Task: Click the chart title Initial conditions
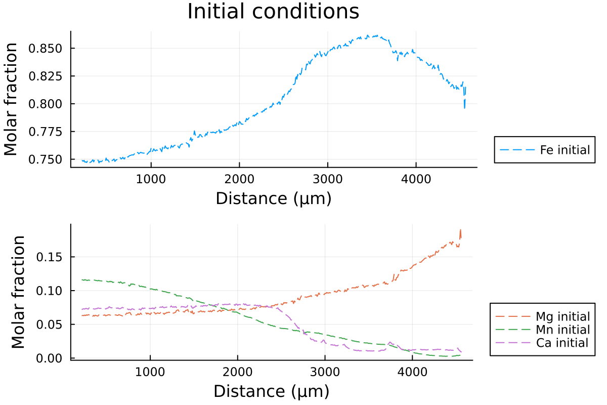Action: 273,12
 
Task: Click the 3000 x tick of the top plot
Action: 327,179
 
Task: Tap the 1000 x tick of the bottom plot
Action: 150,372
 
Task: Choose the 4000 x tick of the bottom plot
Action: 412,372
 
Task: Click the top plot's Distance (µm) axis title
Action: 273,198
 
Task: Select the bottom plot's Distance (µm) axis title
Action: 271,391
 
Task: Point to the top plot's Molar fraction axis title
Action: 11,99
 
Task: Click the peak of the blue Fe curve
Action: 377,35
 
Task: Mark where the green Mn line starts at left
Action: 82,279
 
